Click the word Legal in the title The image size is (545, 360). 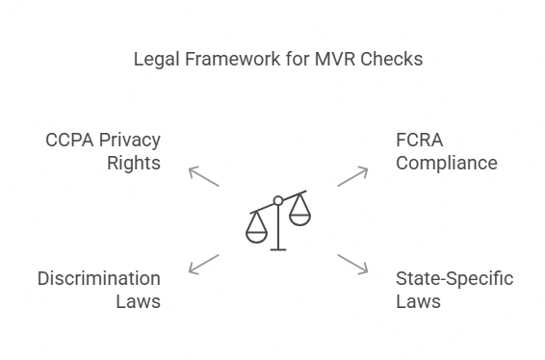pyautogui.click(x=154, y=60)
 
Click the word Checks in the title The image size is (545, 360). pyautogui.click(x=391, y=60)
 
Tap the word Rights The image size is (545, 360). pyautogui.click(x=134, y=163)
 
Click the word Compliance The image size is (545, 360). pyautogui.click(x=447, y=163)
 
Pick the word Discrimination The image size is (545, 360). pyautogui.click(x=99, y=279)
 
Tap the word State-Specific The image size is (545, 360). pyautogui.click(x=454, y=279)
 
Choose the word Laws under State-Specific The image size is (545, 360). pyautogui.click(x=418, y=301)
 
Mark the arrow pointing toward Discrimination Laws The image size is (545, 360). pyautogui.click(x=203, y=264)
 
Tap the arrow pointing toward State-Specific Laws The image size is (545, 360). pyautogui.click(x=352, y=264)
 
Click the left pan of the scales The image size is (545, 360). pyautogui.click(x=256, y=231)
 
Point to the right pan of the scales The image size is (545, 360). pyautogui.click(x=300, y=216)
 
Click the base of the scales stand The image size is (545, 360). pyautogui.click(x=278, y=249)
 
